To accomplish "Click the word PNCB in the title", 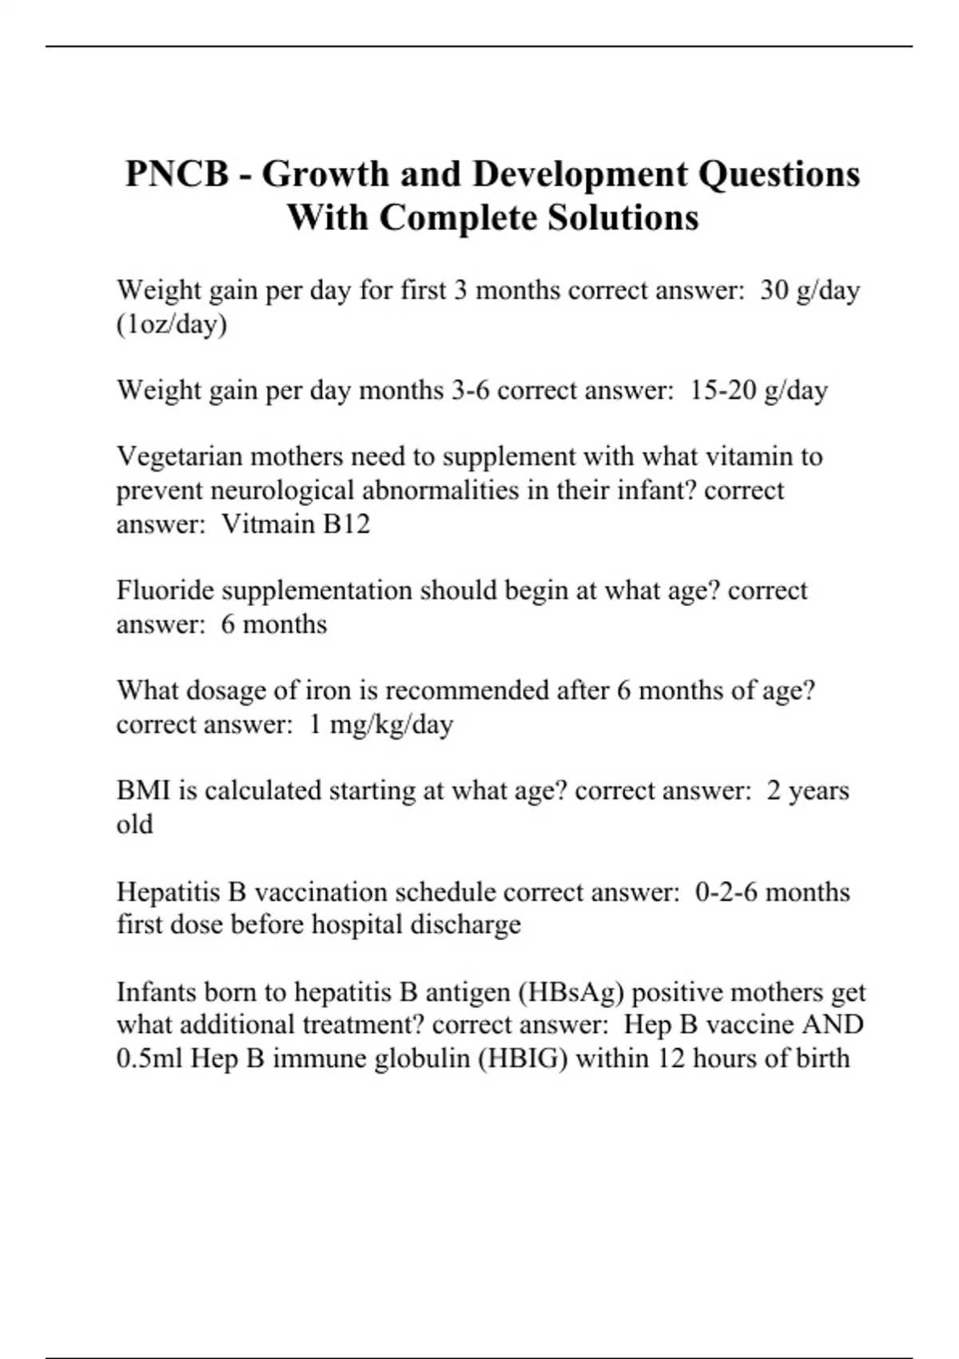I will click(177, 174).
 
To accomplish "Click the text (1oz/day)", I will click(172, 325).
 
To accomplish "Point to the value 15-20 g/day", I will click(758, 391).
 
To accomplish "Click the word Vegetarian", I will click(180, 457).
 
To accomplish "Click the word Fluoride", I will click(165, 591).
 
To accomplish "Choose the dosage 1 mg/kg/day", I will click(381, 725).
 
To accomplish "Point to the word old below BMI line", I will click(134, 825).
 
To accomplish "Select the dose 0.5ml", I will click(149, 1059).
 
